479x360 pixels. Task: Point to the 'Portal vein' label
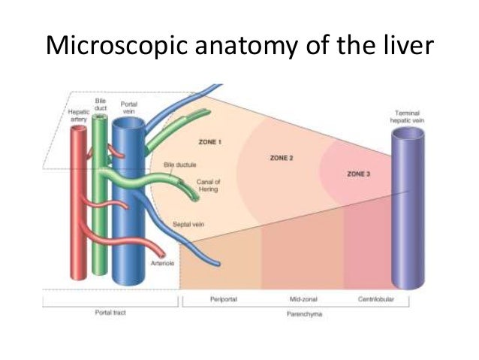tap(128, 107)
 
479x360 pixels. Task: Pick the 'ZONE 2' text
tap(280, 159)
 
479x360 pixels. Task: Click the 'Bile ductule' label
tap(179, 163)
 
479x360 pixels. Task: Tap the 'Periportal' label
tap(224, 298)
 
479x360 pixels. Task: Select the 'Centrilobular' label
tap(376, 298)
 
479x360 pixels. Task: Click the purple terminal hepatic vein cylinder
tap(409, 210)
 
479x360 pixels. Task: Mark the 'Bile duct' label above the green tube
tap(101, 104)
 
